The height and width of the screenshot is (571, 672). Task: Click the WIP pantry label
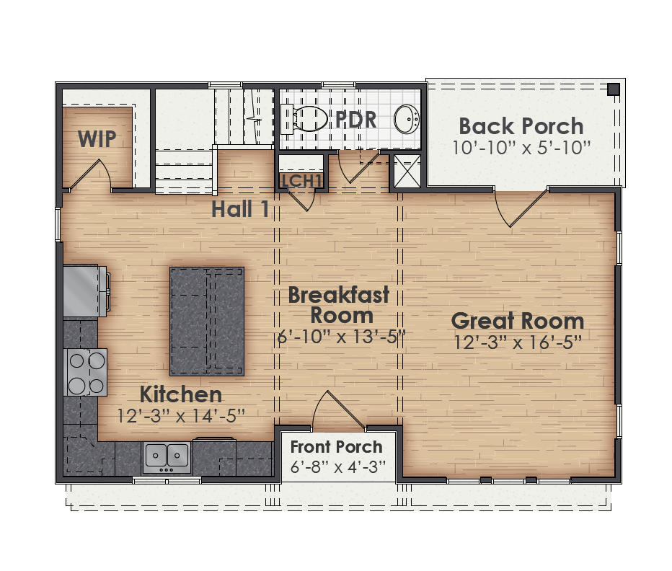pos(97,139)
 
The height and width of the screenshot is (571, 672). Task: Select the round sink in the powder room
pos(407,119)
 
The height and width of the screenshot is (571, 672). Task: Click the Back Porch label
pos(521,126)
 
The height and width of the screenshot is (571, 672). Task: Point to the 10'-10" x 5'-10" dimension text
pos(521,148)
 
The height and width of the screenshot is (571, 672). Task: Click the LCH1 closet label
pos(301,181)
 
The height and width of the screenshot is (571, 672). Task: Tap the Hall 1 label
pos(240,209)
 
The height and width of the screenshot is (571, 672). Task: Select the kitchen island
pos(207,320)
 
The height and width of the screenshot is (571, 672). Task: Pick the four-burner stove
pos(87,372)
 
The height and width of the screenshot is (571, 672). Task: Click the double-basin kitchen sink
pos(167,456)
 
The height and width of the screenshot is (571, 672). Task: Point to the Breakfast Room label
pos(339,304)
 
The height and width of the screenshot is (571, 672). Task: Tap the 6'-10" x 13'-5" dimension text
pos(342,336)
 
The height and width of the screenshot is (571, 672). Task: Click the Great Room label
pos(518,321)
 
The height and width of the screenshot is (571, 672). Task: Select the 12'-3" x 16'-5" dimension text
pos(518,342)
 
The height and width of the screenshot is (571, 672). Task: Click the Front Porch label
pos(337,447)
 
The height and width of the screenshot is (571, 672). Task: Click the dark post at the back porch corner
pos(613,89)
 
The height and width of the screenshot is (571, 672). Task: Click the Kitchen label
pos(180,395)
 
